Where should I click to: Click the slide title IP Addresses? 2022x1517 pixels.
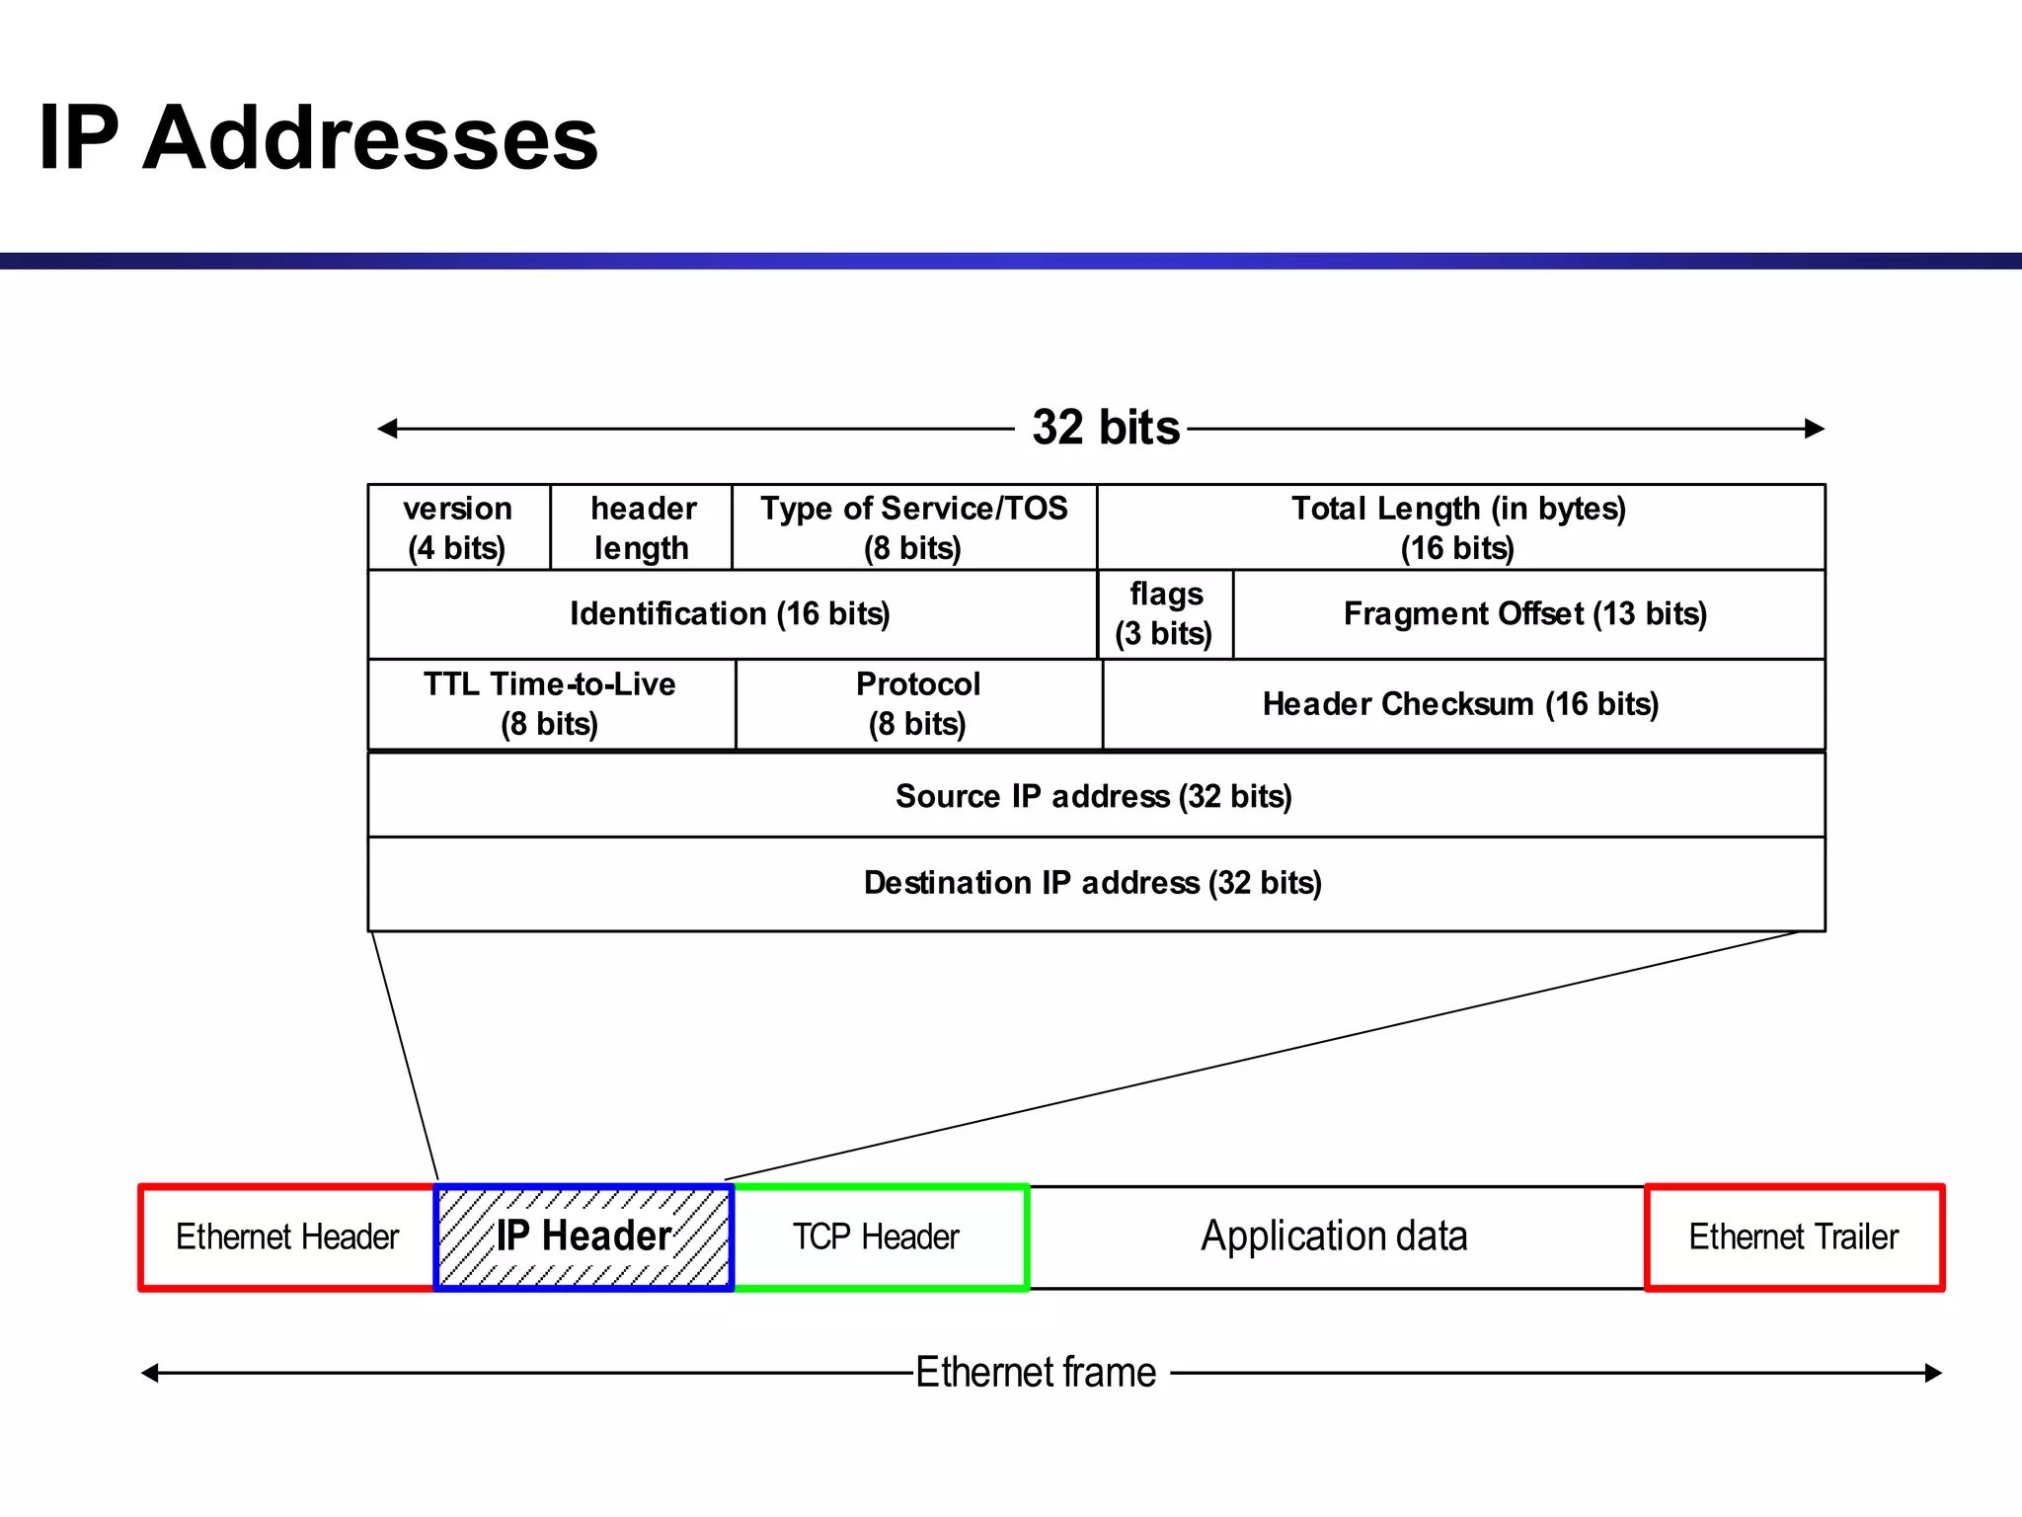click(318, 138)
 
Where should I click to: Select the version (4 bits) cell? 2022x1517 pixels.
click(458, 527)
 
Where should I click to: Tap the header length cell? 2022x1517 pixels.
click(642, 527)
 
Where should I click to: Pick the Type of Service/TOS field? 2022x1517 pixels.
click(914, 527)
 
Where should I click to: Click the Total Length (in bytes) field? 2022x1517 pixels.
click(1459, 527)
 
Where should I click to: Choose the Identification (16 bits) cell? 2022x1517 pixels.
click(731, 614)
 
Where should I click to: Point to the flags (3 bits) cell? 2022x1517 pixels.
click(1165, 614)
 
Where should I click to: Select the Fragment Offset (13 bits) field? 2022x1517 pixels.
click(1526, 614)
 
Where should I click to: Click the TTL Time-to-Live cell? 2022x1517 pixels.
click(551, 704)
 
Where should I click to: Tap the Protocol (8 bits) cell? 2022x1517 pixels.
click(918, 704)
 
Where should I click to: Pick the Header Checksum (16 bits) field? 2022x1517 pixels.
click(1461, 704)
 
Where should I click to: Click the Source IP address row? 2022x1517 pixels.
click(1094, 796)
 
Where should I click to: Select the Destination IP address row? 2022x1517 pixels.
click(1094, 883)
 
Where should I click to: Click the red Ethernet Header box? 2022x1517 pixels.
click(287, 1238)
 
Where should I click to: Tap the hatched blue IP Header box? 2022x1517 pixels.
click(583, 1238)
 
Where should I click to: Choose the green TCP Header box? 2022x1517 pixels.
click(878, 1238)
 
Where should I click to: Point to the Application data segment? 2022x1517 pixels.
click(1335, 1238)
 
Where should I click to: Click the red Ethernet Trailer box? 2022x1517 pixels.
click(1794, 1238)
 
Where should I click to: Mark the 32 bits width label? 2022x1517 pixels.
click(1106, 429)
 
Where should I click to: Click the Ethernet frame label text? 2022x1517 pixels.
click(1037, 1373)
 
